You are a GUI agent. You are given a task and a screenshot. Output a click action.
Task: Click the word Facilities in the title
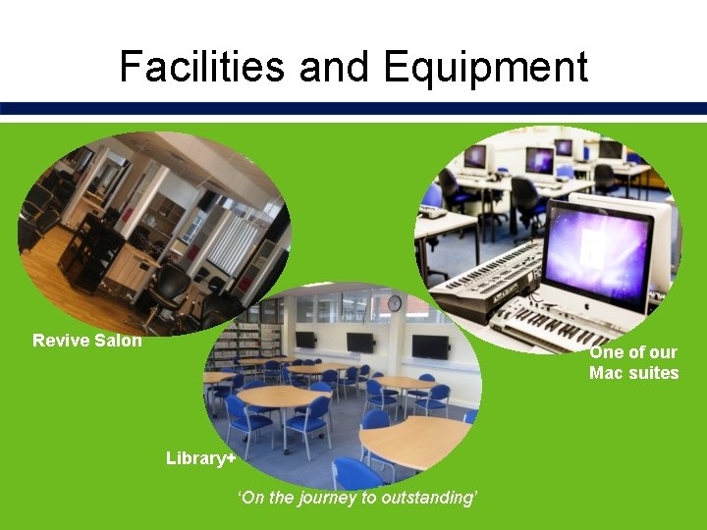click(201, 67)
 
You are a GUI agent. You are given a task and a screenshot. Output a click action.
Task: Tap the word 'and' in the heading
click(334, 67)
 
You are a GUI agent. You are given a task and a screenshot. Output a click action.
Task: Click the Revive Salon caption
click(87, 341)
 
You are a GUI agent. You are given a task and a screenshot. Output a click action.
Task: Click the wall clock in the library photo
click(395, 304)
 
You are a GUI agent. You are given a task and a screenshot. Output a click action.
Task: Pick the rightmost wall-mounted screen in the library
click(430, 346)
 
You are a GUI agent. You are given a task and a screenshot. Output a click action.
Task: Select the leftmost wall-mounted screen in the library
click(305, 340)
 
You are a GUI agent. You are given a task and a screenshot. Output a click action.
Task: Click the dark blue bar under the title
click(353, 108)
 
